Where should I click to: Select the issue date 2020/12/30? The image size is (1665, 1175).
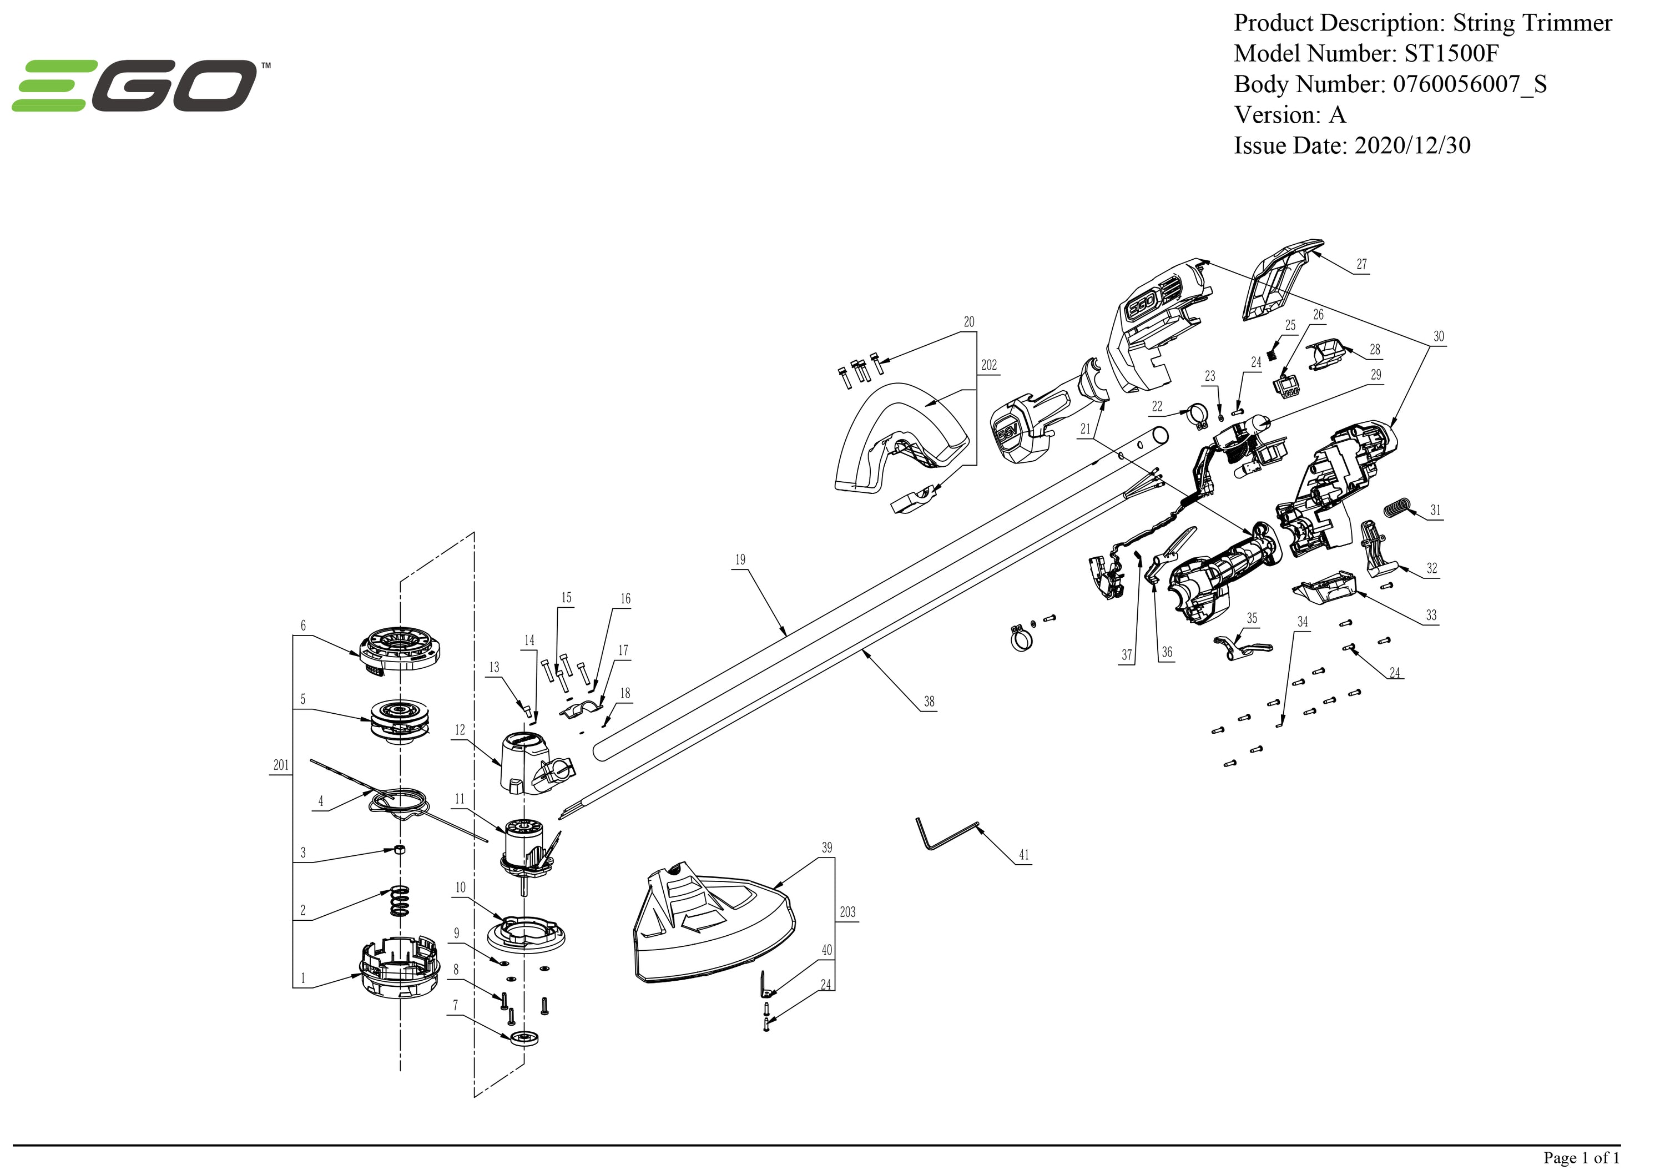coord(1412,146)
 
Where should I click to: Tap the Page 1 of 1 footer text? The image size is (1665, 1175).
coord(1581,1158)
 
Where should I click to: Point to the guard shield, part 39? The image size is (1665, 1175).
coord(714,929)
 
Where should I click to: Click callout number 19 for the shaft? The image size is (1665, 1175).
coord(740,560)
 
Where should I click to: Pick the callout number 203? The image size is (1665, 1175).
coord(847,912)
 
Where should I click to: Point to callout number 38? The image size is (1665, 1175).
coord(929,702)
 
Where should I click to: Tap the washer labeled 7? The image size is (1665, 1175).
coord(525,1038)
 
